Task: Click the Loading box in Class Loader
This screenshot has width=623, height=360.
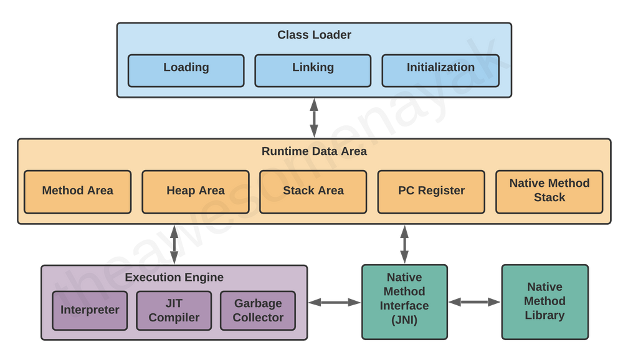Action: [x=186, y=70]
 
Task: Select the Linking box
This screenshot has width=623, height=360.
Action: [x=313, y=70]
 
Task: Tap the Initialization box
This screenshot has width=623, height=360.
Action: [x=440, y=70]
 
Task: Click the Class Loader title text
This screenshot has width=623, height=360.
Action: [x=314, y=35]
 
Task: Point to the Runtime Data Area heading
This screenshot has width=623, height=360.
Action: [x=314, y=151]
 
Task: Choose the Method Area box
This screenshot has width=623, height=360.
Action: [x=77, y=191]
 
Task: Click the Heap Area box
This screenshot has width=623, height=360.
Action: [x=195, y=191]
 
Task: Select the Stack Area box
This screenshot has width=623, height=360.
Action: [x=313, y=191]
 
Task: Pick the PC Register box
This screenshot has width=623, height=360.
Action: [x=431, y=191]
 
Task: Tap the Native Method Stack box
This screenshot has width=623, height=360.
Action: [x=549, y=191]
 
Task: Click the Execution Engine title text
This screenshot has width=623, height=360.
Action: [x=174, y=277]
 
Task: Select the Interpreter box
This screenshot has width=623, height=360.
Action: [x=90, y=310]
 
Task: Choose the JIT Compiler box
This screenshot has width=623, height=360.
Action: [x=174, y=310]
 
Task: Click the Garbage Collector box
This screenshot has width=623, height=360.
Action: [x=258, y=310]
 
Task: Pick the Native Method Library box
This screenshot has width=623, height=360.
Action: [x=545, y=302]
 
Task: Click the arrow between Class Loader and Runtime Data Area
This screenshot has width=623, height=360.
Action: [x=314, y=118]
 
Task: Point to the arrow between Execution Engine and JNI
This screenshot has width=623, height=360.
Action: [x=335, y=302]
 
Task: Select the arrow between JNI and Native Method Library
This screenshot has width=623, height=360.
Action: [x=474, y=302]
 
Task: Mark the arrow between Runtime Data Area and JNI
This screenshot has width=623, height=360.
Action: [x=404, y=244]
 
